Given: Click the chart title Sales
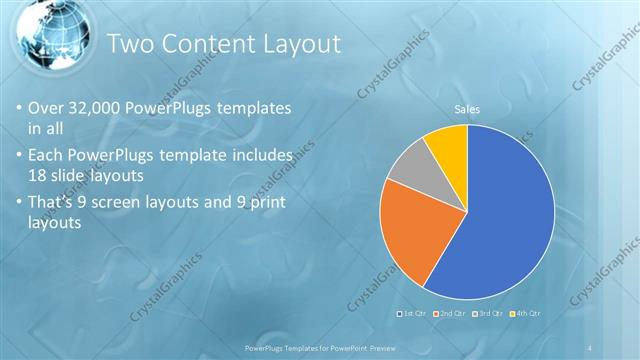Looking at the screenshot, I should coord(467,108).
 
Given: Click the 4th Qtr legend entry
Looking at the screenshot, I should coord(525,314).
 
